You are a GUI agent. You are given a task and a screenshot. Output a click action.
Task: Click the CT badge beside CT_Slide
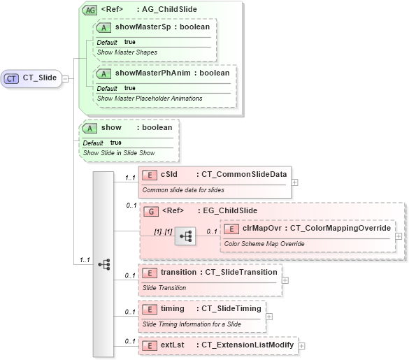12,78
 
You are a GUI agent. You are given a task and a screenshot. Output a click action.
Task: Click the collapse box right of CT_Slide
65,78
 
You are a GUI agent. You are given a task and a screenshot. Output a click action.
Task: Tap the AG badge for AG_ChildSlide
89,10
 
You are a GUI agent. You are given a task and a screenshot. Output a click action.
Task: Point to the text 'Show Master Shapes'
127,52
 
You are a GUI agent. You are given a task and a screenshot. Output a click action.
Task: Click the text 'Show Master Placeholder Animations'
150,99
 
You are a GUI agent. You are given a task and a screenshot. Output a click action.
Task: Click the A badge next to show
90,128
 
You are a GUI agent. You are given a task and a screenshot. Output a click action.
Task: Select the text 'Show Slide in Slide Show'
118,152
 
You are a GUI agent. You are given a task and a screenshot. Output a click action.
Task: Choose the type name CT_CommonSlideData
241,174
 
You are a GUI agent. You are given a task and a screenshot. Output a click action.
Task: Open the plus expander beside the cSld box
294,182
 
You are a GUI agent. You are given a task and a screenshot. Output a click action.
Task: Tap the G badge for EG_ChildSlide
150,210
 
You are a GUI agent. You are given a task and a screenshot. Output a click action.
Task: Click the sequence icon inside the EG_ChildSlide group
185,236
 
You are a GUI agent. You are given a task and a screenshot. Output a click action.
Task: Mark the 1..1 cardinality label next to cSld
129,178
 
